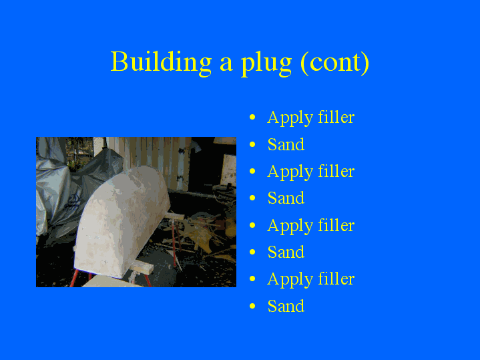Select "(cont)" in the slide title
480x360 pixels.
(x=334, y=63)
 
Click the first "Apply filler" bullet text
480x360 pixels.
(x=310, y=118)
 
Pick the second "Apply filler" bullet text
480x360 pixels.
(x=310, y=172)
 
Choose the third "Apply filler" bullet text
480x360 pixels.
(x=310, y=226)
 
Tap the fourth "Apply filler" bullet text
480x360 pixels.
(x=310, y=279)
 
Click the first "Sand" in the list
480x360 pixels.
(x=286, y=145)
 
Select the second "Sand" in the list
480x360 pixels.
(x=286, y=198)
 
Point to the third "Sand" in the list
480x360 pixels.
(x=286, y=252)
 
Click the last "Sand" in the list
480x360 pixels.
(x=286, y=307)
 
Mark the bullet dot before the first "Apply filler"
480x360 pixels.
(x=252, y=118)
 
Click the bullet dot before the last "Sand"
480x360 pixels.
(x=252, y=307)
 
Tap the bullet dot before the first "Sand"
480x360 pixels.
(x=252, y=145)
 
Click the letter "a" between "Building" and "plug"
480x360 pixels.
(x=226, y=63)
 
